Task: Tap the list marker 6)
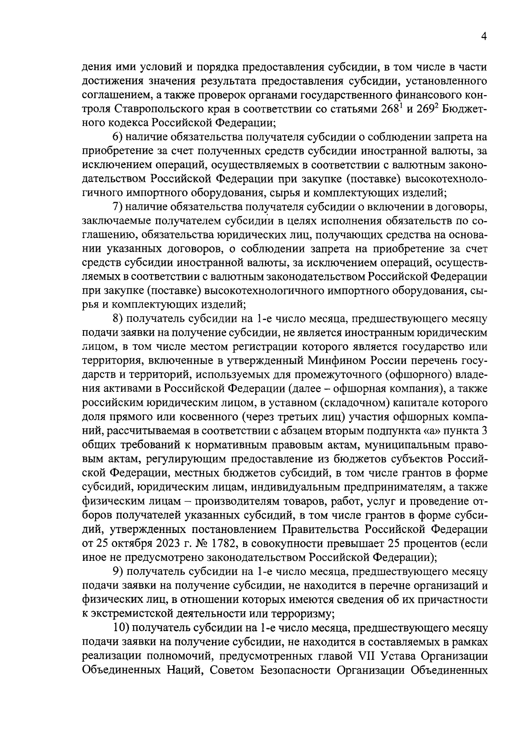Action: click(x=119, y=138)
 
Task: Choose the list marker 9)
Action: click(x=119, y=571)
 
